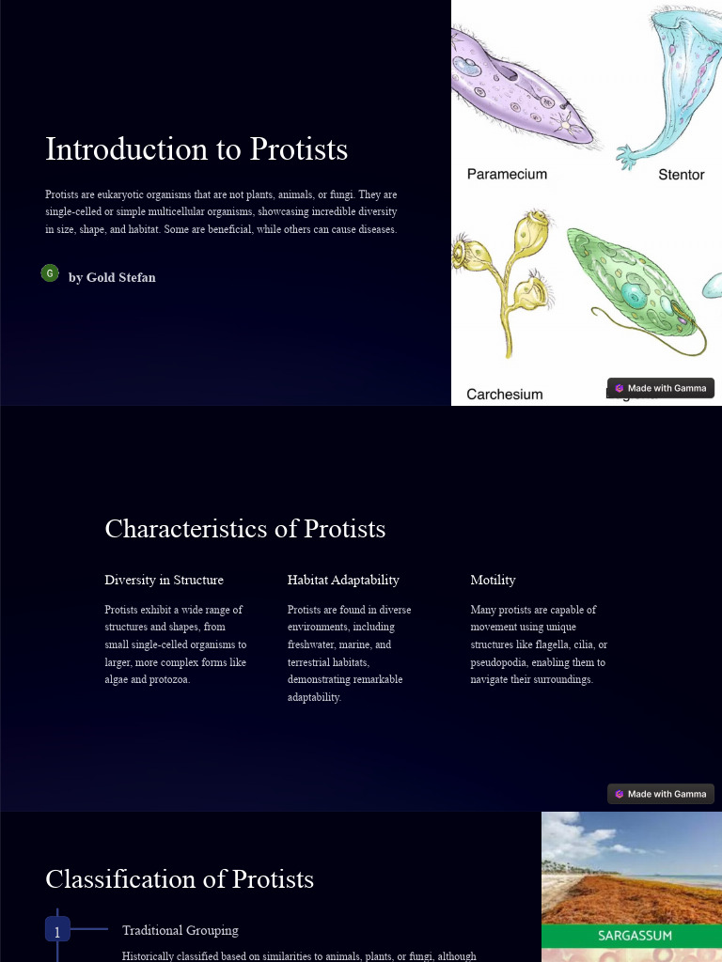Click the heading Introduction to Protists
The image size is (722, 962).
pos(196,150)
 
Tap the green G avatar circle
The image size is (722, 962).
pos(50,273)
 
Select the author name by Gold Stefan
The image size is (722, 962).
pos(112,277)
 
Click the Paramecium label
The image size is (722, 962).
pos(507,174)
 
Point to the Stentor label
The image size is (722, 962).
pos(681,175)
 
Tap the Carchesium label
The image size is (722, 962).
pos(505,395)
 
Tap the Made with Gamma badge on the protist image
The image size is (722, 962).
pos(661,388)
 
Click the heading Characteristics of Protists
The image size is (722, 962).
pos(245,529)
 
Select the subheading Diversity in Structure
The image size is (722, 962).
pos(165,580)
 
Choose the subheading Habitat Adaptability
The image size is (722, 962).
pos(343,580)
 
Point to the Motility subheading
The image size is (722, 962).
pos(493,580)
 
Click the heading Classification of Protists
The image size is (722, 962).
pos(180,879)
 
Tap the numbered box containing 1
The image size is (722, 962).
pos(57,932)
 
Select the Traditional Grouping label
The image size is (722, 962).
pos(180,930)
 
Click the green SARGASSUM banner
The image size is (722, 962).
pos(632,936)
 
